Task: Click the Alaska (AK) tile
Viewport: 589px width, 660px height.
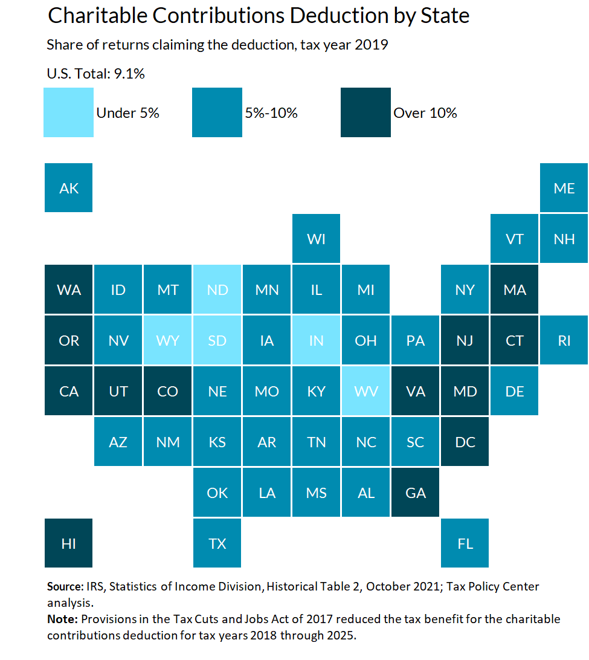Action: [x=69, y=188]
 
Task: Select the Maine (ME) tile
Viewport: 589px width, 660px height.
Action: [x=564, y=188]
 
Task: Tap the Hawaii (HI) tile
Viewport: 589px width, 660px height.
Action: [x=69, y=543]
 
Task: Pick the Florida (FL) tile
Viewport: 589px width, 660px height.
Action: [x=465, y=543]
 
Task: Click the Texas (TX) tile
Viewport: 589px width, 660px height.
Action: [x=217, y=543]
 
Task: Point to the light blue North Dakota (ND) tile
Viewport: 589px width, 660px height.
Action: [x=217, y=290]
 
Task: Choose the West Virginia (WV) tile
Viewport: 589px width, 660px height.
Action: [x=366, y=391]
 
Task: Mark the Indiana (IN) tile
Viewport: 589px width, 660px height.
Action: [x=317, y=340]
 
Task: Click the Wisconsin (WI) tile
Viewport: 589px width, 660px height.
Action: [x=317, y=239]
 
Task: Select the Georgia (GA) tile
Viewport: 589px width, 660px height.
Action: [x=416, y=493]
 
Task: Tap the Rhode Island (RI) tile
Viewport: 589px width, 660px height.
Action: [x=564, y=340]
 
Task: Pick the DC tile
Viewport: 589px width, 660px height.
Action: [x=465, y=442]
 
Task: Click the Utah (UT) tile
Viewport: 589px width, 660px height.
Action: [x=118, y=391]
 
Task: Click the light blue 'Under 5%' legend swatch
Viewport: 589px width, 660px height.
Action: [x=69, y=112]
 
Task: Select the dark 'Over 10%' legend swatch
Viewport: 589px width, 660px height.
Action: [x=365, y=112]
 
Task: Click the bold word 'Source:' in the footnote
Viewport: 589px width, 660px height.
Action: [x=65, y=586]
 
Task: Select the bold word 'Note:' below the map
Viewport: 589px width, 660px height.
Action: [x=62, y=620]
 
